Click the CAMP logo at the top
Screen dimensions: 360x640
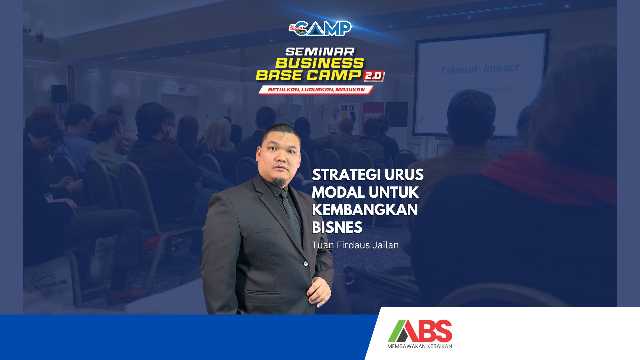[320, 29]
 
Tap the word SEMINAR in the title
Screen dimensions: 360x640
[320, 52]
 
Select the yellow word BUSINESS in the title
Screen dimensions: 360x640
[320, 63]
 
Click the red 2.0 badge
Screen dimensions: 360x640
[373, 76]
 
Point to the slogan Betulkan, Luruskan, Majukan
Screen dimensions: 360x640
[316, 90]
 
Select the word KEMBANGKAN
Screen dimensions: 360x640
[365, 210]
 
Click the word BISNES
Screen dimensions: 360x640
[337, 227]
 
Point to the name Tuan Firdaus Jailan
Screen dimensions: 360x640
[355, 245]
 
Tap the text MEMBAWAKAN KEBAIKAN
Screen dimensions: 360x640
[420, 346]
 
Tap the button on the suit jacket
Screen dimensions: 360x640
[306, 264]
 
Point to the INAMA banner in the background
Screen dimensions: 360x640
[347, 108]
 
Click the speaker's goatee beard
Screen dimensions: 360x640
[279, 182]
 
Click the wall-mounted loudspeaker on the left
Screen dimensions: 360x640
[59, 94]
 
